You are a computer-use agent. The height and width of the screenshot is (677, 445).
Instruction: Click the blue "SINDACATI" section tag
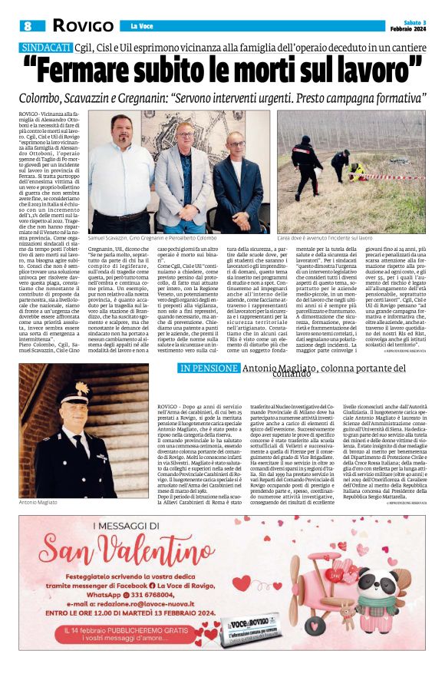[46, 48]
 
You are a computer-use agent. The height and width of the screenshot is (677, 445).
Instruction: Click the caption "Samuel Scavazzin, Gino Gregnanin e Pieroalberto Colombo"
[152, 239]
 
